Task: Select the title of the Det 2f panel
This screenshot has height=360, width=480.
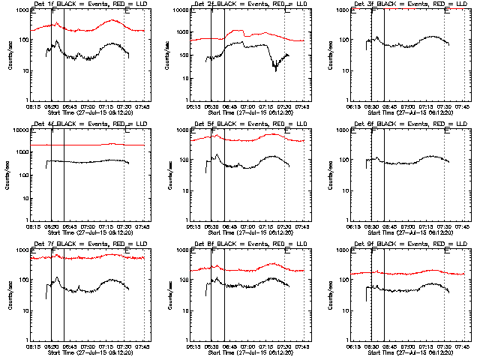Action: [x=249, y=4]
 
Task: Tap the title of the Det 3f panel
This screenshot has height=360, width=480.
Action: [x=409, y=4]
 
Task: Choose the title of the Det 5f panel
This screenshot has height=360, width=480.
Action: [x=249, y=124]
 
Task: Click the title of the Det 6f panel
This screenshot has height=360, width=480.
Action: [x=409, y=124]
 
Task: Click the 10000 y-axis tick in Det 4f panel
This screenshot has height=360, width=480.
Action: [x=19, y=130]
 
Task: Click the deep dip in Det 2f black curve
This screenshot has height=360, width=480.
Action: [x=275, y=69]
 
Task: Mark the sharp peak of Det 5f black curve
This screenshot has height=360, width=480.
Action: [x=217, y=155]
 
